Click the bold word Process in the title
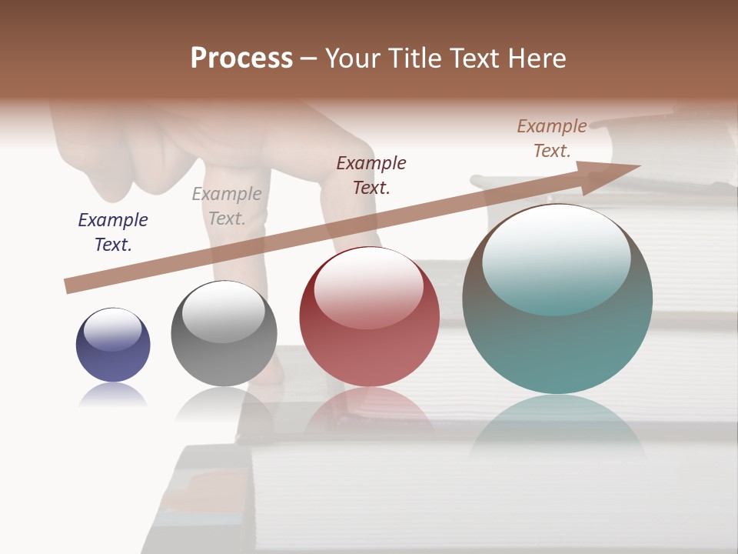click(241, 58)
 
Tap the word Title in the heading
click(413, 58)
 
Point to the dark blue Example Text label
click(113, 232)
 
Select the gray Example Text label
click(227, 206)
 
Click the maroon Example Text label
click(371, 175)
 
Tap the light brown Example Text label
click(552, 138)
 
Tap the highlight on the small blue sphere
click(113, 329)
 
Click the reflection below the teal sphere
click(557, 427)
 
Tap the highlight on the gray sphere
click(223, 312)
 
